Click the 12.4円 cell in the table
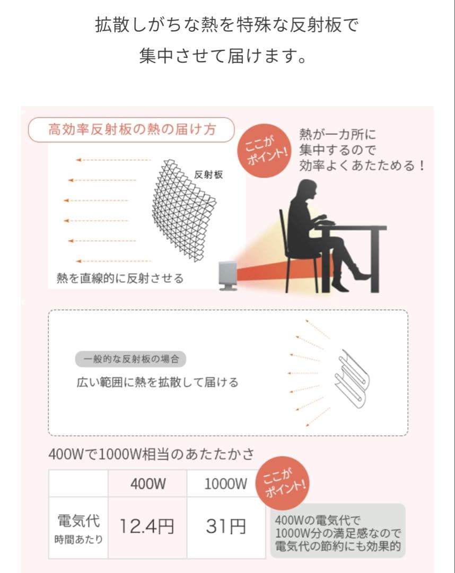(147, 527)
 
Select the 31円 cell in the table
(226, 527)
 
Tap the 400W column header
(148, 483)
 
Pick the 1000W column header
(226, 483)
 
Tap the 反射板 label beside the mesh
(208, 174)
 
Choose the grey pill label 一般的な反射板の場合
(131, 359)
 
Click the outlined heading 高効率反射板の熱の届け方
(132, 129)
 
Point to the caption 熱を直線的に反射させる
(120, 278)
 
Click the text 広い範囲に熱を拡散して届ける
(157, 382)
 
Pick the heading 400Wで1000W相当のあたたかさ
(151, 454)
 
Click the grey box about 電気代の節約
(338, 531)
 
